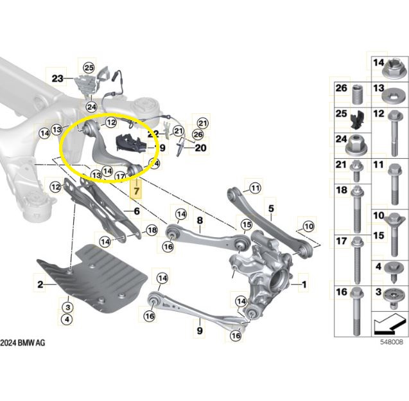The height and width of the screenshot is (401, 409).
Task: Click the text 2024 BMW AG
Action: (x=23, y=343)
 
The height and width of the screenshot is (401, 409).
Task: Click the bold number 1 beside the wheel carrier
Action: (x=305, y=283)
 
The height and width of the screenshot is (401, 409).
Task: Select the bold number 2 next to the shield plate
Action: (x=40, y=283)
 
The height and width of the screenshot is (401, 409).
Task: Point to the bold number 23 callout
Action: (x=58, y=79)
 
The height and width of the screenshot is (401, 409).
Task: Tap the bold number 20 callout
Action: (x=200, y=147)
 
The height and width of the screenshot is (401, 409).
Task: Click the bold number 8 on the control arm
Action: (x=200, y=220)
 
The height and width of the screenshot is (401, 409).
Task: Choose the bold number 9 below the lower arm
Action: (x=200, y=330)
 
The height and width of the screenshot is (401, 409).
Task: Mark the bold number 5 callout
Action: (x=271, y=208)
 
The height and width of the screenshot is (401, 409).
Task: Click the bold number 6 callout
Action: (x=136, y=210)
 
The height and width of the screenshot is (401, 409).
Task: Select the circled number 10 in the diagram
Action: (x=308, y=226)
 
